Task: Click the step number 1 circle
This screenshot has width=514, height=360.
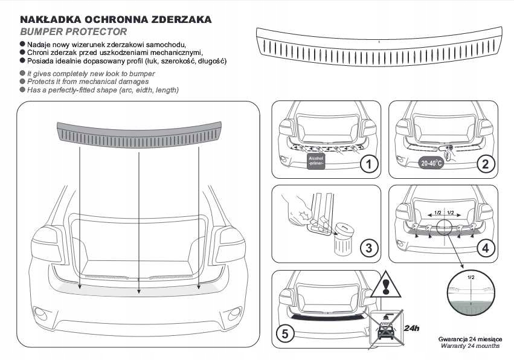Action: pos(368,164)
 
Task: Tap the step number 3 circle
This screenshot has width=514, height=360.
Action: pos(368,248)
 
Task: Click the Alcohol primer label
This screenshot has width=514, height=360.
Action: pos(316,161)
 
